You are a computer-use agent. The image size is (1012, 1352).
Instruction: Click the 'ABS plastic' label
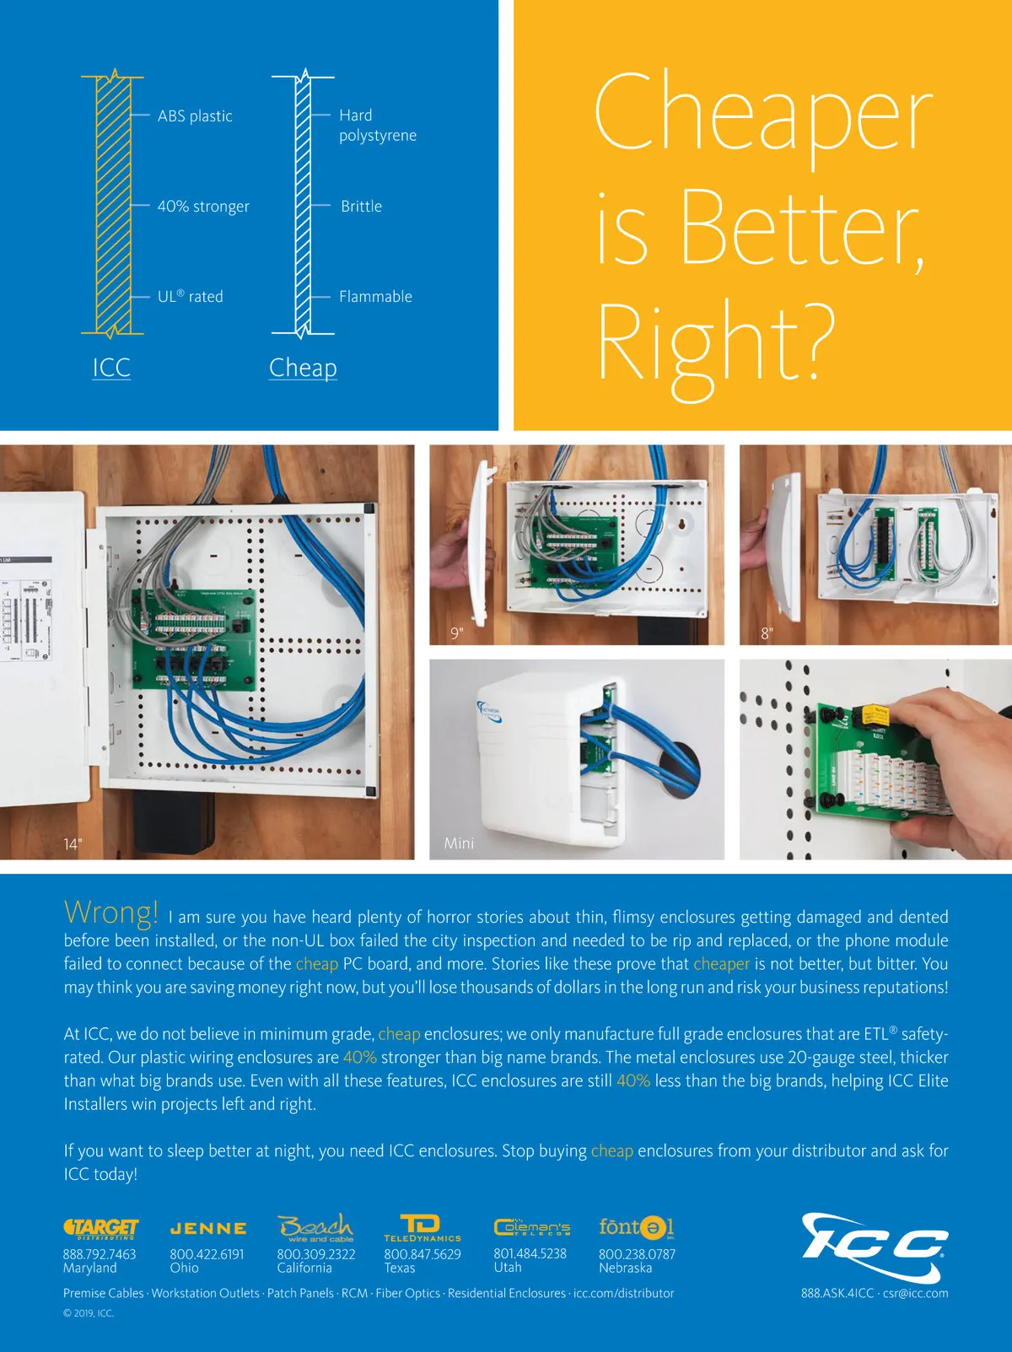point(195,116)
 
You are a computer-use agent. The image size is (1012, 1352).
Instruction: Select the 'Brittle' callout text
point(361,206)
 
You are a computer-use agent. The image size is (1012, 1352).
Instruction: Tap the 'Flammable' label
point(375,296)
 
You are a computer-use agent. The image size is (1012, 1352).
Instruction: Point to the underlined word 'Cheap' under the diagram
point(303,368)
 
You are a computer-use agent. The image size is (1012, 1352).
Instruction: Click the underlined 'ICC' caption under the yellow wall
point(111,368)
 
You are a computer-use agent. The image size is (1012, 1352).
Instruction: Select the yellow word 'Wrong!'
point(110,912)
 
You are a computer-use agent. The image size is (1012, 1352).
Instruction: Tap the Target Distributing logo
point(100,1228)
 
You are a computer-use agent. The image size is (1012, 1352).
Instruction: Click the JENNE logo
point(208,1229)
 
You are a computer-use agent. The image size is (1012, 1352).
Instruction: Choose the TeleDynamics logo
point(422,1227)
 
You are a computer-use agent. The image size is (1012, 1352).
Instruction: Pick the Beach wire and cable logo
point(315,1227)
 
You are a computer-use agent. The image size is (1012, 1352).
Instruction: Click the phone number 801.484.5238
point(530,1253)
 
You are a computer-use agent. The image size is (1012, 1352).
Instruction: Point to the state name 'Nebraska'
point(625,1268)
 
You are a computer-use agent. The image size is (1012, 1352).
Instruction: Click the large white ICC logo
point(875,1248)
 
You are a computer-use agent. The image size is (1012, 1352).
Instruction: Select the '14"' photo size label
point(73,844)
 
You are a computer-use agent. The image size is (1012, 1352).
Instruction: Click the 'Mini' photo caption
point(459,843)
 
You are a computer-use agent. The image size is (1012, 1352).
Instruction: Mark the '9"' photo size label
point(456,633)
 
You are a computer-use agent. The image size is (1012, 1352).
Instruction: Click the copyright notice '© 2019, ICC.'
point(88,1312)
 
